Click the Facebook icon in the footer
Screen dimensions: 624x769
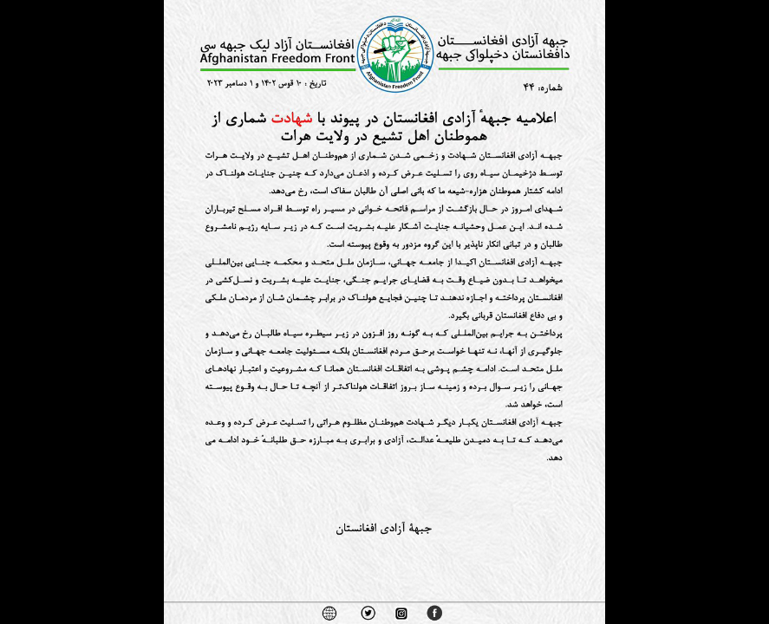(x=434, y=613)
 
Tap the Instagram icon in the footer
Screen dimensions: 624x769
(x=401, y=614)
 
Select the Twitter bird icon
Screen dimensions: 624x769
(x=368, y=613)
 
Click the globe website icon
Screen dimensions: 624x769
(x=329, y=613)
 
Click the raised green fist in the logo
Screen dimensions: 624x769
(x=395, y=50)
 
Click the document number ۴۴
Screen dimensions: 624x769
(x=530, y=87)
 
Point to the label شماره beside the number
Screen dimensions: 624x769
(x=551, y=87)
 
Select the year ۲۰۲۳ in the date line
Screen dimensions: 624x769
(x=217, y=83)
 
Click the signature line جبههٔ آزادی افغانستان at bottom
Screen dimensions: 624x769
(x=384, y=528)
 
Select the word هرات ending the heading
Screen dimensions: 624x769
(x=297, y=136)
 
